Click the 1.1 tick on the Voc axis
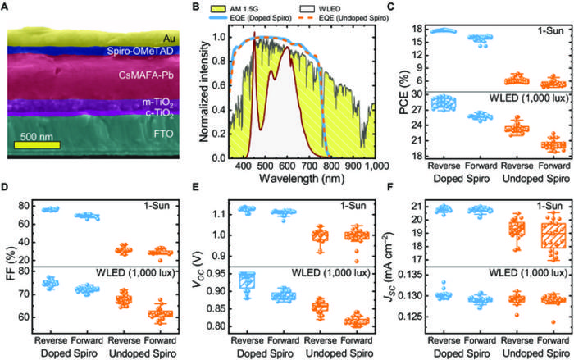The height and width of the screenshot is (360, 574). (x=209, y=213)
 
